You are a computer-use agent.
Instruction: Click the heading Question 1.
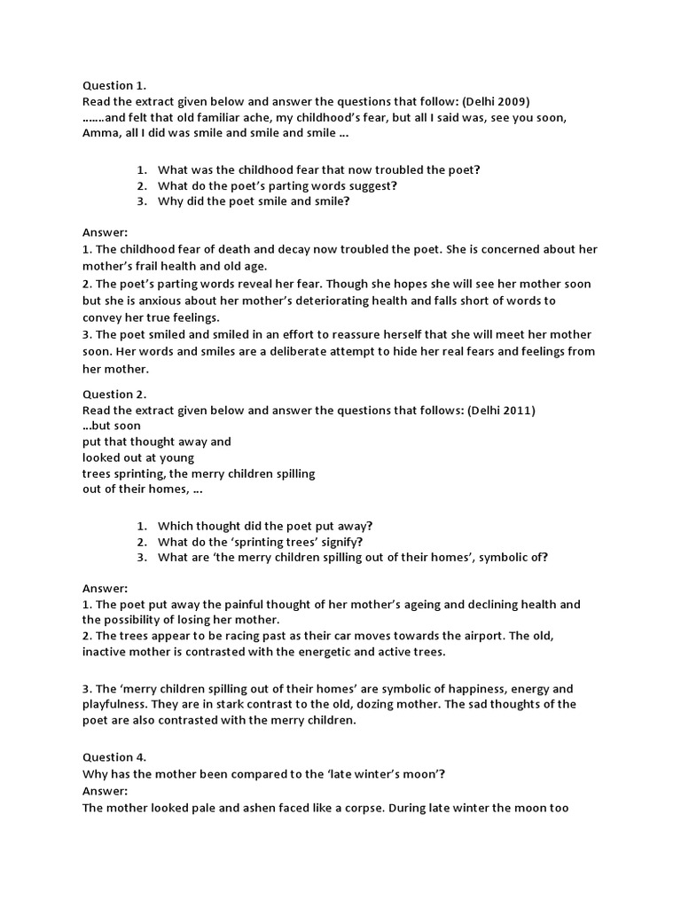point(114,86)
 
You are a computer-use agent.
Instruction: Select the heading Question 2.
point(114,394)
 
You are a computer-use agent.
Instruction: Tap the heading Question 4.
point(114,757)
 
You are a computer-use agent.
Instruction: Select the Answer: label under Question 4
point(106,790)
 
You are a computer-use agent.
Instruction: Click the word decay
point(272,250)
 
